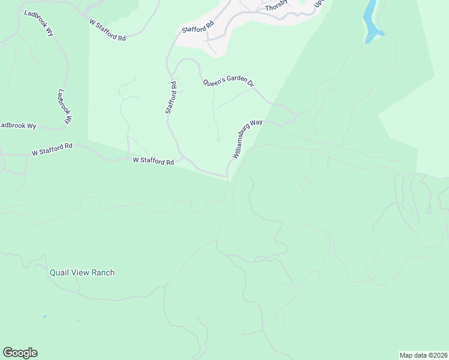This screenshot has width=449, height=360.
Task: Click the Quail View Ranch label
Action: click(82, 272)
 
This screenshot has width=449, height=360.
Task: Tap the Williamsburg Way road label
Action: click(247, 139)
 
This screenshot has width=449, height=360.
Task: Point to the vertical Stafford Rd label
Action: click(171, 97)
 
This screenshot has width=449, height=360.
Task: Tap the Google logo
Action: click(20, 353)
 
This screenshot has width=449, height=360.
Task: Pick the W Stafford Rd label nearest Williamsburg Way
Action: click(153, 161)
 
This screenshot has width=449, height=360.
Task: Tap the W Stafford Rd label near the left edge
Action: click(52, 150)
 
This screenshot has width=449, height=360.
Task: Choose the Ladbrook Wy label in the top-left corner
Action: click(39, 22)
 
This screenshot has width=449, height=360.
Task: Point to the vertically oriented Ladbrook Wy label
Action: click(64, 107)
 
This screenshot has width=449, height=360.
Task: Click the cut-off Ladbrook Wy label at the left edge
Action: click(18, 125)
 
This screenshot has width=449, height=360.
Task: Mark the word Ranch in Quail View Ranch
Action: click(101, 272)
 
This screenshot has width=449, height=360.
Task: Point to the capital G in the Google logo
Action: click(7, 352)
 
